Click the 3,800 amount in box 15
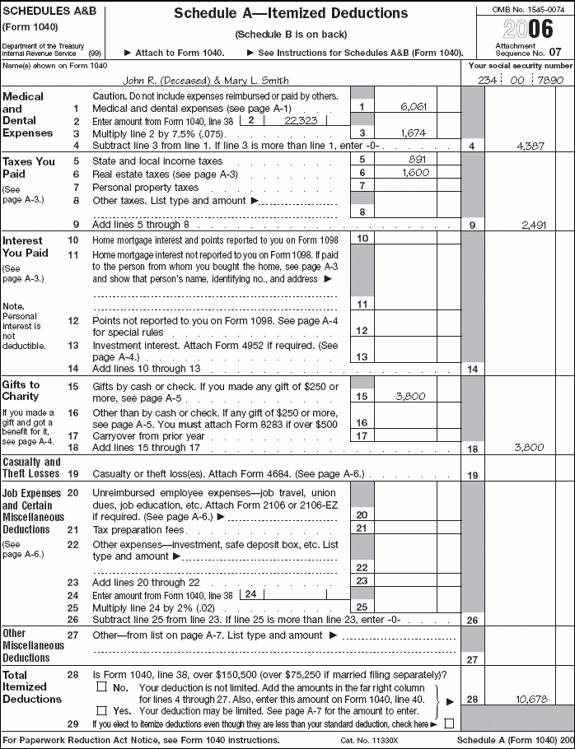point(409,396)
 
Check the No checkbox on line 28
point(102,686)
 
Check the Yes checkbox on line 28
point(102,709)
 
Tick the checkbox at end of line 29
point(449,723)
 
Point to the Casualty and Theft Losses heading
point(31,468)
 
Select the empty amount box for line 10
point(405,238)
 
